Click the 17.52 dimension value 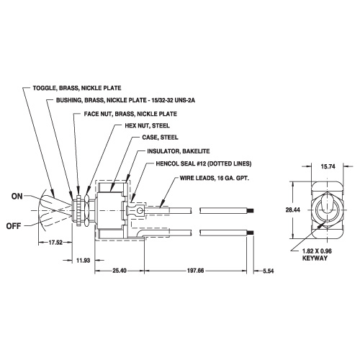pos(55,243)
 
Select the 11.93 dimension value pos(84,261)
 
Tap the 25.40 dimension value pos(120,271)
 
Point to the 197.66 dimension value pos(196,271)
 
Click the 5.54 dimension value pos(269,271)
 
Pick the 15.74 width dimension pos(328,166)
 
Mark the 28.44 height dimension pos(293,210)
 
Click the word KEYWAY pos(315,258)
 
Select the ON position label pos(17,197)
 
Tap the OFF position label pos(14,226)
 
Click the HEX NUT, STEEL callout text pos(147,125)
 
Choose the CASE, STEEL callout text pos(160,138)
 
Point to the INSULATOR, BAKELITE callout pos(179,151)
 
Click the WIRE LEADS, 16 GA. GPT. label pos(215,178)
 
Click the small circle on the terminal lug pos(139,211)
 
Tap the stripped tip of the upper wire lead pos(251,211)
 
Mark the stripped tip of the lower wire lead pos(251,233)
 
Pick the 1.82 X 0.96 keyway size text pos(317,251)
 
